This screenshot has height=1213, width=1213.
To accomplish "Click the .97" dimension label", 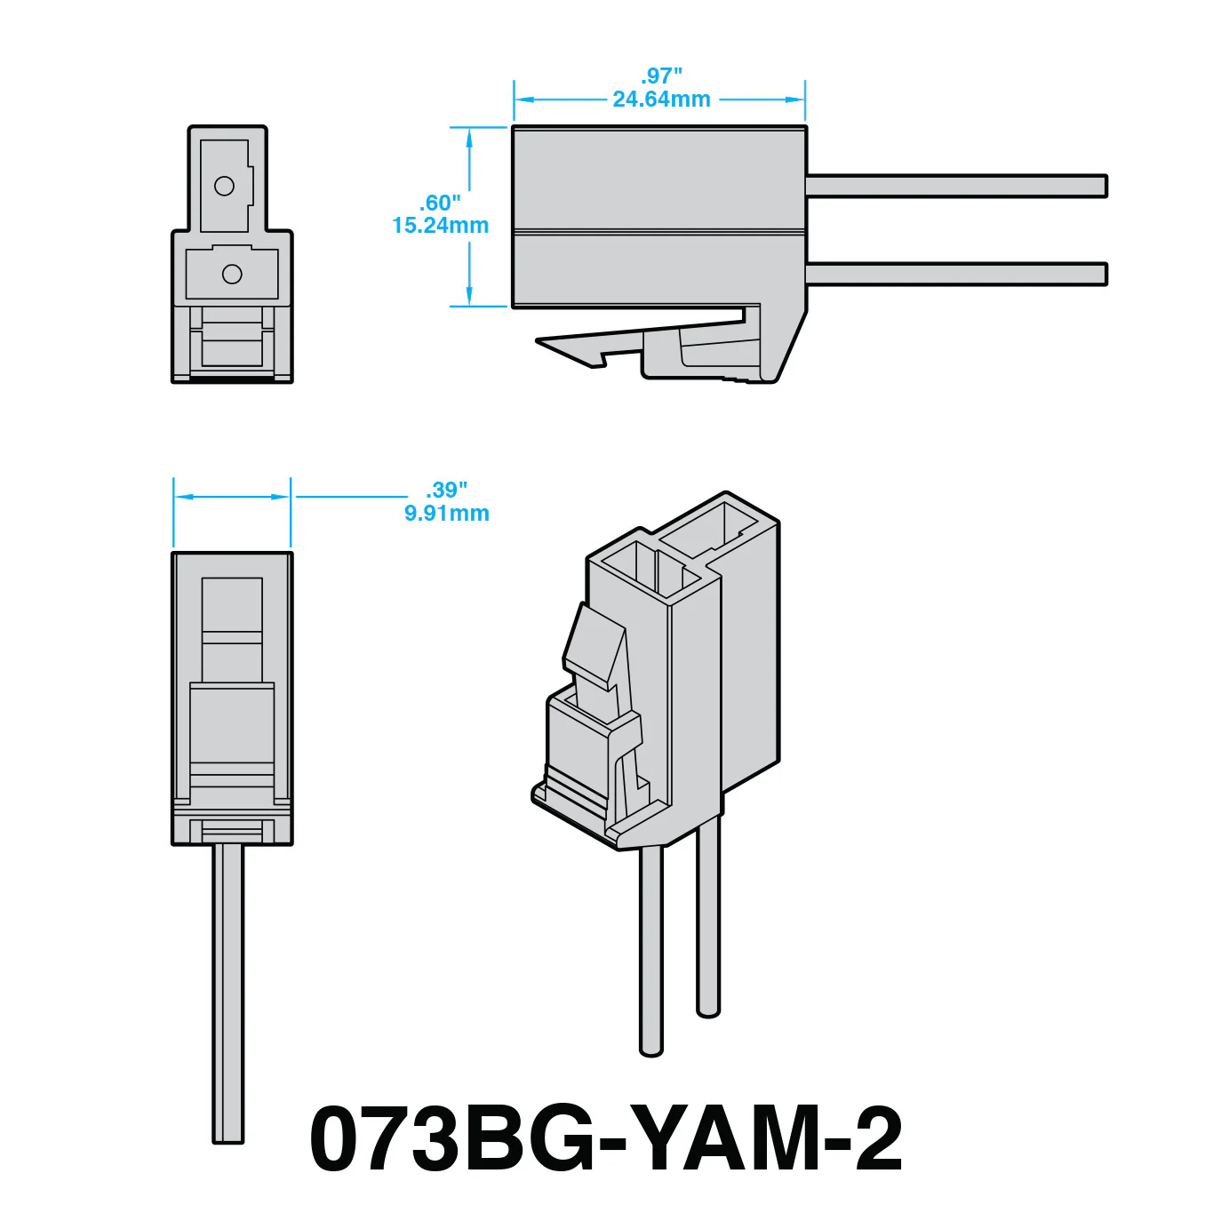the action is (661, 76).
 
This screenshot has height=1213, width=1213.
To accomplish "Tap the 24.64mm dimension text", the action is (661, 99).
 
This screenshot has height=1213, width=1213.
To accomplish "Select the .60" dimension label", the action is (440, 203).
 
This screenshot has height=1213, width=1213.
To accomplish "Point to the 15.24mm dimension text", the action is (440, 226).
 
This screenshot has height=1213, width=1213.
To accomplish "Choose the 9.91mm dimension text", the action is (447, 513).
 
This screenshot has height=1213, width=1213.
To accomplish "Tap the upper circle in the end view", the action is (224, 186).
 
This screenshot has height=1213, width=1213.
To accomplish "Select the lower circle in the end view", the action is (232, 274).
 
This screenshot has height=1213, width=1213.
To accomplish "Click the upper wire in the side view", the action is (957, 186).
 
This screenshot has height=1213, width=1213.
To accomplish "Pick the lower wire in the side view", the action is (957, 274).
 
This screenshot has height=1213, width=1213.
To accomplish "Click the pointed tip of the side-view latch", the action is (537, 340).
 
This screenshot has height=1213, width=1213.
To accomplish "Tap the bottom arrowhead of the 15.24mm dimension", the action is (469, 296).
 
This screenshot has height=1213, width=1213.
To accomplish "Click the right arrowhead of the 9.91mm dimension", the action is (280, 497).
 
